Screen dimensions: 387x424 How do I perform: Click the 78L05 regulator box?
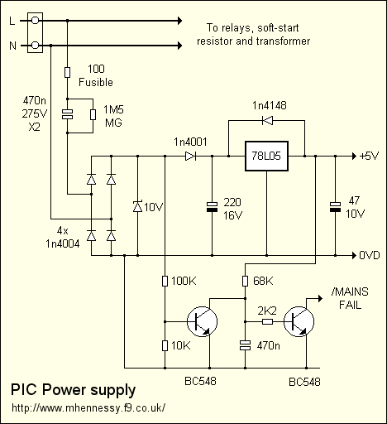[266, 157]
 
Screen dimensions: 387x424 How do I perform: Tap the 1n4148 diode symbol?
[267, 120]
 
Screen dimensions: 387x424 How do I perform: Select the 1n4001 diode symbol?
[190, 157]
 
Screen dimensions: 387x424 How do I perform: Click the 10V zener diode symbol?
[137, 206]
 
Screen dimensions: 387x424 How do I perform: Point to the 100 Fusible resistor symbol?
[67, 72]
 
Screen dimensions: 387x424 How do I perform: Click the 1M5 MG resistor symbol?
[93, 114]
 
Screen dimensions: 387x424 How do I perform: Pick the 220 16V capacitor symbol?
[212, 207]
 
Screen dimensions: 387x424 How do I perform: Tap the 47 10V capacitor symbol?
[335, 207]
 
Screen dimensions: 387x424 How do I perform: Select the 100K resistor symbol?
[165, 281]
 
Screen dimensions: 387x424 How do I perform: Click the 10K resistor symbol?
[165, 345]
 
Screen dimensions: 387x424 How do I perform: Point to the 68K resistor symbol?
[245, 281]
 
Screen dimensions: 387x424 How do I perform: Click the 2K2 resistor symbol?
[267, 321]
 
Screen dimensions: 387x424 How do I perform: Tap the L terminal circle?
[35, 21]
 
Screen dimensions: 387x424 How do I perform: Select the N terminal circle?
[35, 46]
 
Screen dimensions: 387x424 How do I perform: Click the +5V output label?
[369, 157]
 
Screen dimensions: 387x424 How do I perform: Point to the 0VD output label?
[370, 255]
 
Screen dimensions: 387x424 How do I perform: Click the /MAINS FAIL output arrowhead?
[320, 298]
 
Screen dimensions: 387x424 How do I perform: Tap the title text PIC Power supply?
[73, 390]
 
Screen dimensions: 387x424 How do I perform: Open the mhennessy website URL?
[88, 407]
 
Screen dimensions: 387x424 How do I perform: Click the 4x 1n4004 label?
[63, 237]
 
